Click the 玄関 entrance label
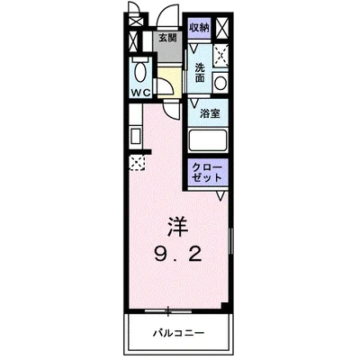[x=167, y=38]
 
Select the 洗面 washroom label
[x=199, y=72]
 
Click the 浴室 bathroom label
[x=209, y=114]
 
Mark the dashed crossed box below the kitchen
[x=137, y=163]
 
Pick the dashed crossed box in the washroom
[x=220, y=54]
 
